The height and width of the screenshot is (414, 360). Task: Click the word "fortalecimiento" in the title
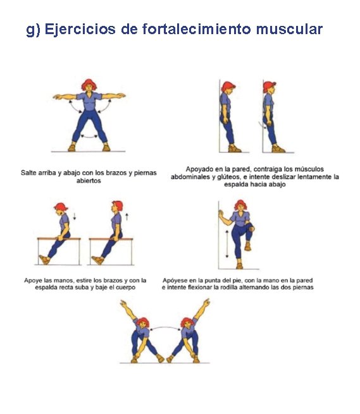[x=196, y=29]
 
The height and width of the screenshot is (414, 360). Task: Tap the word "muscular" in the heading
[x=289, y=29]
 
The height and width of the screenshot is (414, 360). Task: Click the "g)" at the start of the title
[x=33, y=30]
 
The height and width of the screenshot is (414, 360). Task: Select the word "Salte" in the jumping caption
[x=28, y=173]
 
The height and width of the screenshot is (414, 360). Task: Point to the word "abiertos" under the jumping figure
[x=89, y=181]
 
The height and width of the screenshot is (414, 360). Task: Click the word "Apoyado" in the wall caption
[x=198, y=169]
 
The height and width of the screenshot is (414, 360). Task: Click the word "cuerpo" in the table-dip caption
[x=125, y=287]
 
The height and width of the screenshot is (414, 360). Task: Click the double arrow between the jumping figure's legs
[x=89, y=137]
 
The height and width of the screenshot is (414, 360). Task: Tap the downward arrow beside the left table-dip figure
[x=75, y=216]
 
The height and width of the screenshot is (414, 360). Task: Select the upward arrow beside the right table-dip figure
[x=127, y=217]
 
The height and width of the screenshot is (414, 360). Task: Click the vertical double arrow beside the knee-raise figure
[x=227, y=243]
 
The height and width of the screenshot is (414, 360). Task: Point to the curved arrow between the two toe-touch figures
[x=165, y=328]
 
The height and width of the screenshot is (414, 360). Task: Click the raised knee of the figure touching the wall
[x=251, y=228]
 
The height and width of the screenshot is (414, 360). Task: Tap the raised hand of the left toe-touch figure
[x=123, y=303]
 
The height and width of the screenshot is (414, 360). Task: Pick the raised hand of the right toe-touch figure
[x=207, y=301]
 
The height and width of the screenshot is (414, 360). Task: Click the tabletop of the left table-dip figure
[x=59, y=239]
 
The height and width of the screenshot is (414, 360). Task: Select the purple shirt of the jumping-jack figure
[x=89, y=101]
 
